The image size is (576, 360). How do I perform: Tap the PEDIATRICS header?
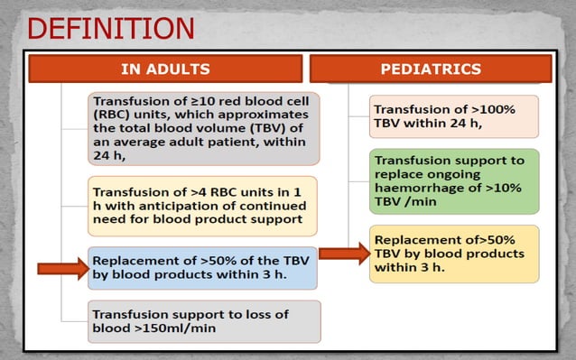point(431,69)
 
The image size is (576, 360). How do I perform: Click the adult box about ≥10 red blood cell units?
point(203,128)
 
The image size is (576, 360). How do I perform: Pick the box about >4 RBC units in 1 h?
point(203,206)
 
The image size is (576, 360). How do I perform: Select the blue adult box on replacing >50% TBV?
point(203,267)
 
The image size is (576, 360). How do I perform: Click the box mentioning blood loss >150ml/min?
point(203,321)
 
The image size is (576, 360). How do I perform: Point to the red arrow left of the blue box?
point(60,268)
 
